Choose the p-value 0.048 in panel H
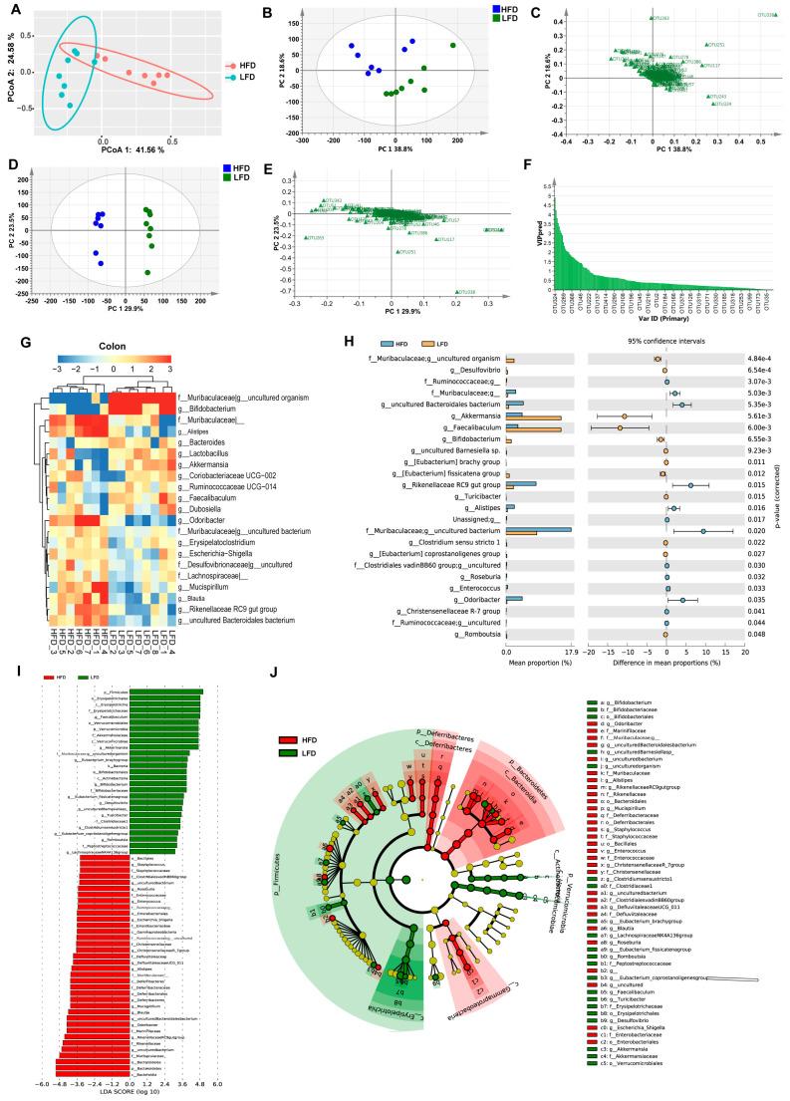coord(759,634)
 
